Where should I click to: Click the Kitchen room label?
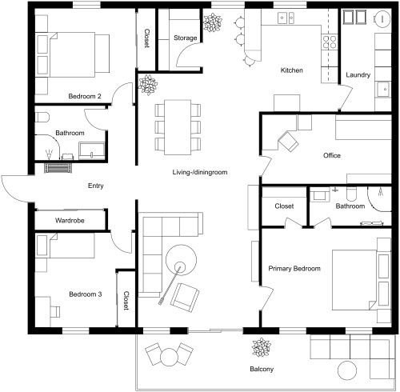click(x=291, y=71)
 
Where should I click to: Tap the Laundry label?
click(x=358, y=75)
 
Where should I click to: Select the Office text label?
click(x=332, y=155)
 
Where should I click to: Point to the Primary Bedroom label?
click(x=294, y=269)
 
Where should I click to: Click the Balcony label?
click(x=261, y=369)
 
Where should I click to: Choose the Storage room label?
click(x=186, y=37)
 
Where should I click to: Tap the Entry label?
click(x=95, y=186)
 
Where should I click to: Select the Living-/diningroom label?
click(x=200, y=172)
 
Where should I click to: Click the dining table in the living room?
click(x=175, y=126)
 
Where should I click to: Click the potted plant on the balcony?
click(x=261, y=348)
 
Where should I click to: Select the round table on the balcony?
click(x=169, y=355)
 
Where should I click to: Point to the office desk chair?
click(x=289, y=142)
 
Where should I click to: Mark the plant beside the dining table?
click(x=148, y=83)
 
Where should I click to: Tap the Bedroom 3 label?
click(x=85, y=294)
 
